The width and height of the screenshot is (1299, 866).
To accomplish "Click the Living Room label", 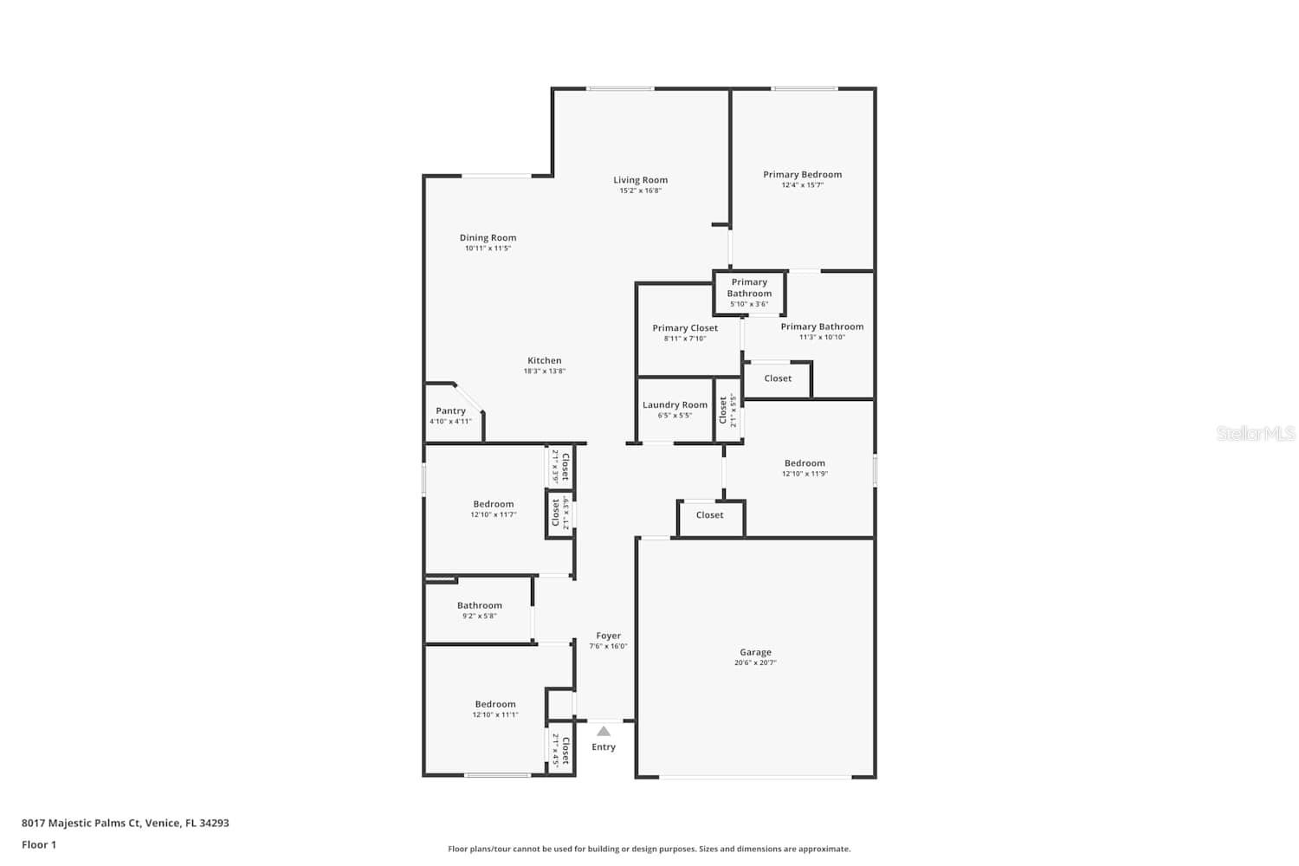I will click(640, 180).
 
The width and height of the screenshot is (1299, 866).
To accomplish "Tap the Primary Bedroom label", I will click(802, 174).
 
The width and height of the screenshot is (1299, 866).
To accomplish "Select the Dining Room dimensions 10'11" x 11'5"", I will click(488, 249).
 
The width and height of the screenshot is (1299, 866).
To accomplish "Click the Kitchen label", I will click(544, 360).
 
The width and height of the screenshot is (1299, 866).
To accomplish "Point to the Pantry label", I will click(450, 410).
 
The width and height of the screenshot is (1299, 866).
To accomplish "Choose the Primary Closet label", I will click(684, 328).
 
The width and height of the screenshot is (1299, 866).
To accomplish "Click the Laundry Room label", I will click(675, 404).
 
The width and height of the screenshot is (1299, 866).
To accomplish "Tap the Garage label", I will click(755, 652).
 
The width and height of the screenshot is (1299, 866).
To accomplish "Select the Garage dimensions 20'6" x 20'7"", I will click(755, 663).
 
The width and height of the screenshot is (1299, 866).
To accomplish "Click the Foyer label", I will click(608, 636).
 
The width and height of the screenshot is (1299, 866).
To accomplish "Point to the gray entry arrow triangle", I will click(604, 732).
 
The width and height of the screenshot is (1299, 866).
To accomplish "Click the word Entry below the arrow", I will click(604, 747).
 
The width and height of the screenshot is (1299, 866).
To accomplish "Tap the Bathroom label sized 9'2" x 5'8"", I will click(479, 605).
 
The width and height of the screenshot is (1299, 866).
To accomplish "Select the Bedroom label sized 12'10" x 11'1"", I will click(494, 704).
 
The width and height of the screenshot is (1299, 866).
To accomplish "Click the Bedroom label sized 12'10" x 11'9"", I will click(805, 463).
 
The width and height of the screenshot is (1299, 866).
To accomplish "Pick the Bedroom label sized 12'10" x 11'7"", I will click(493, 504).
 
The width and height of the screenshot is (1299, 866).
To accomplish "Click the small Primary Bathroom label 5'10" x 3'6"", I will click(749, 288).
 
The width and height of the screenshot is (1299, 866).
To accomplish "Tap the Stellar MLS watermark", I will click(1255, 434).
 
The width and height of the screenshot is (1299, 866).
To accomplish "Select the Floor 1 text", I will click(39, 844).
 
